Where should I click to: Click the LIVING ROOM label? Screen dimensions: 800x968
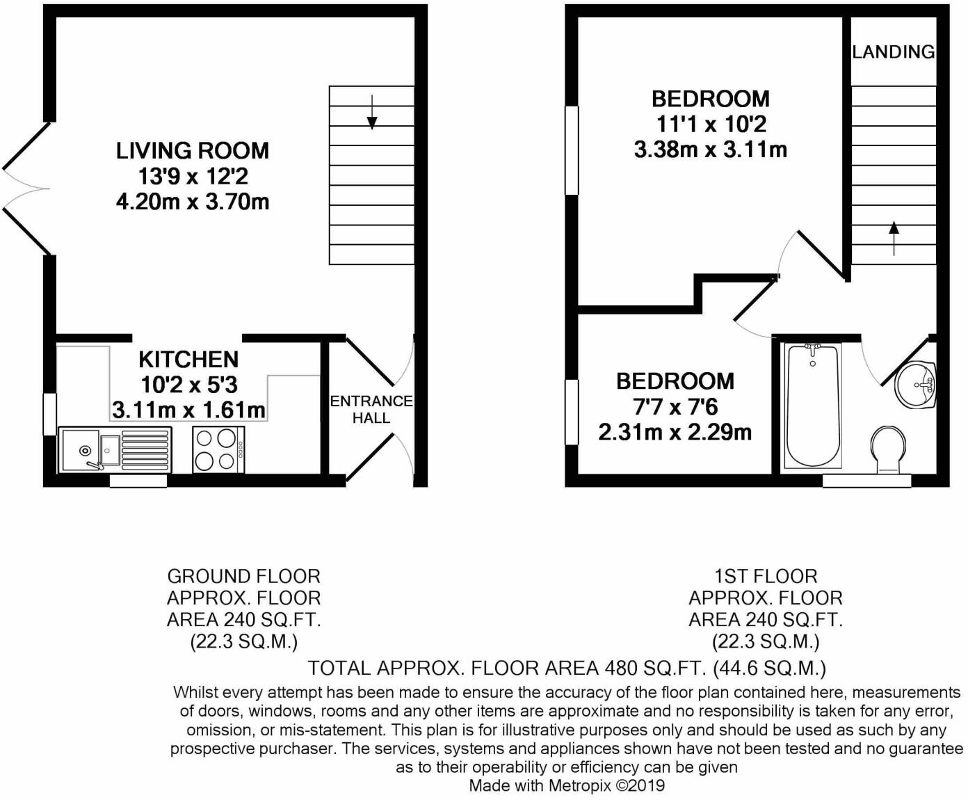[193, 150]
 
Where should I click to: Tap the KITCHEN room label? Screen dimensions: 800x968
[188, 360]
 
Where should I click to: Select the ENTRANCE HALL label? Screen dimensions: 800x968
[371, 409]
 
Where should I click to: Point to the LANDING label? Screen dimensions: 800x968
[893, 51]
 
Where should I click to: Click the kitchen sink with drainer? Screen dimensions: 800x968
[115, 449]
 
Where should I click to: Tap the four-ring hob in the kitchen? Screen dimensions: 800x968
[217, 449]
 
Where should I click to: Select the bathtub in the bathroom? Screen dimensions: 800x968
[812, 406]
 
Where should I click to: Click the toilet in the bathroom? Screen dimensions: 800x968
[889, 449]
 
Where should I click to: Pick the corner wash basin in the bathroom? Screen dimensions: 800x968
[917, 385]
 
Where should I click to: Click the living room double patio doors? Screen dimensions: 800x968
[26, 188]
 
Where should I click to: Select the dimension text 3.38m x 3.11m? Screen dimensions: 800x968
[710, 150]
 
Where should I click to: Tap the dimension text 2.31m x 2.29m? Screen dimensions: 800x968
[675, 432]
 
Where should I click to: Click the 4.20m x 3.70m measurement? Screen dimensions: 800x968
[193, 202]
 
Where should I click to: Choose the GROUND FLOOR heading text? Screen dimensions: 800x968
[243, 576]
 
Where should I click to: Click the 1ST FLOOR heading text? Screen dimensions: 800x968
[765, 576]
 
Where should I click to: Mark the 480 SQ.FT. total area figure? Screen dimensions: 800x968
[663, 669]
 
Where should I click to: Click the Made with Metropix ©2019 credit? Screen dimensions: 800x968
[567, 786]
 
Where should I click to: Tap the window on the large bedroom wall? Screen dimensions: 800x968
[572, 150]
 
